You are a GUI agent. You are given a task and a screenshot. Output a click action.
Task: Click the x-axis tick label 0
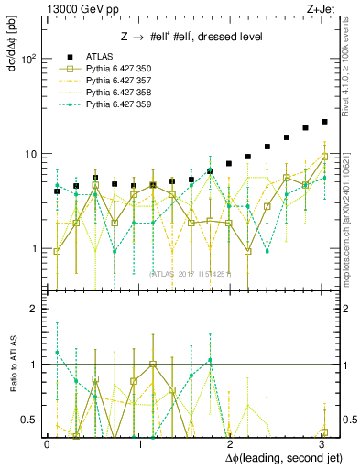47,442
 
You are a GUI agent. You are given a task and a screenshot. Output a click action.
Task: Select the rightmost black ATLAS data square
324,122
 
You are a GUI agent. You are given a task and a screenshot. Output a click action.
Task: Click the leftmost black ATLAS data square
57,191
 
